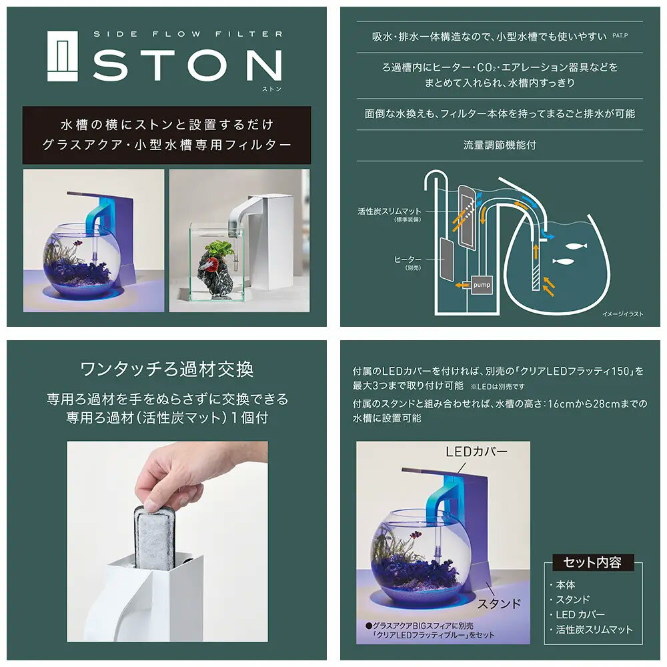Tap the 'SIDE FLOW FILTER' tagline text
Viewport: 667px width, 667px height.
pos(187,33)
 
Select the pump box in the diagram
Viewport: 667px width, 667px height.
pos(481,285)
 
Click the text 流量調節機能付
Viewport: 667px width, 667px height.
pos(500,144)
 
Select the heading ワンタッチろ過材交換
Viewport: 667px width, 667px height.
pos(167,370)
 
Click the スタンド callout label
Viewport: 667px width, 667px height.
pos(499,604)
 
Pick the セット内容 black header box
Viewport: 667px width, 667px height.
pos(592,562)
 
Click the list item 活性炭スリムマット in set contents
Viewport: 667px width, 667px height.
pos(594,630)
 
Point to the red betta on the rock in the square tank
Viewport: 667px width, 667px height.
pos(214,254)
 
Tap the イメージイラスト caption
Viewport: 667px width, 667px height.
pos(622,314)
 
